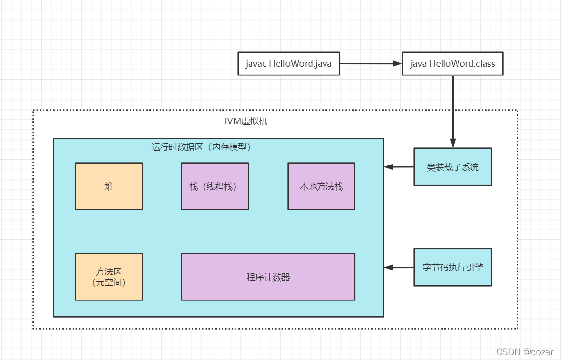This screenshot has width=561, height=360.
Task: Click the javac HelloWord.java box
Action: pyautogui.click(x=288, y=63)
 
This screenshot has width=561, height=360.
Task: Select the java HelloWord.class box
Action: pyautogui.click(x=452, y=63)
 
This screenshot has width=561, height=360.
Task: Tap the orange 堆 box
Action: pyautogui.click(x=109, y=186)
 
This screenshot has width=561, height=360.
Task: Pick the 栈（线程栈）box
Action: pyautogui.click(x=215, y=186)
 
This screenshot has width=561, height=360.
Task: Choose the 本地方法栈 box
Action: pyautogui.click(x=321, y=186)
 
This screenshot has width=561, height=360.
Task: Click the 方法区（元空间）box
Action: pyautogui.click(x=109, y=277)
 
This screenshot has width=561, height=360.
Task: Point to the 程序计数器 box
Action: pyautogui.click(x=268, y=277)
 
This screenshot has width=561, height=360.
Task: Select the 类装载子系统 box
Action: pyautogui.click(x=453, y=167)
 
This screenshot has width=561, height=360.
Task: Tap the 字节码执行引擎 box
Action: pyautogui.click(x=453, y=267)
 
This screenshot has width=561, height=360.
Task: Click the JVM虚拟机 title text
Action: pyautogui.click(x=245, y=121)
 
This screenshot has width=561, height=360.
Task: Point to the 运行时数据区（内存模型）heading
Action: pyautogui.click(x=201, y=147)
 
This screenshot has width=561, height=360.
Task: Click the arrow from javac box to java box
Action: pyautogui.click(x=370, y=63)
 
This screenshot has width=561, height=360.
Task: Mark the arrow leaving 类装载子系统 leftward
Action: pyautogui.click(x=399, y=167)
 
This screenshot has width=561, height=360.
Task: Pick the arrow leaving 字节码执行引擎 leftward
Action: pyautogui.click(x=399, y=267)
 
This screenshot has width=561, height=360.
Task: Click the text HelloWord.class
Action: pyautogui.click(x=462, y=64)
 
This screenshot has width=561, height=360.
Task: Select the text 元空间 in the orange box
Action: pyautogui.click(x=109, y=283)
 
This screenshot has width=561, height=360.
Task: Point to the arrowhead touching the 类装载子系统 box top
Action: pyautogui.click(x=453, y=143)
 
